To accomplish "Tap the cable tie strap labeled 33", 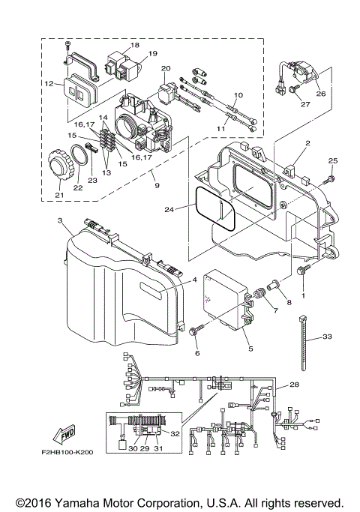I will (305, 345).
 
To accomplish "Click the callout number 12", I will (47, 84).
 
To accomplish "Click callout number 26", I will (321, 94).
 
